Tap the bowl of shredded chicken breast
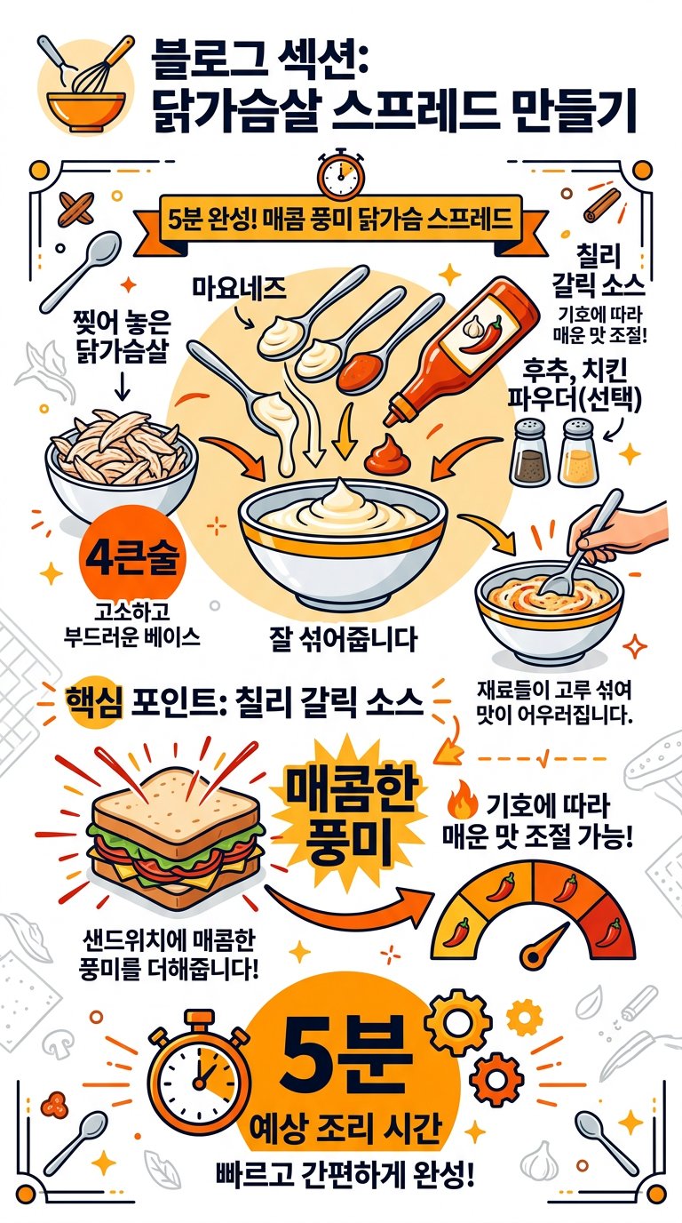point(121,461)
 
